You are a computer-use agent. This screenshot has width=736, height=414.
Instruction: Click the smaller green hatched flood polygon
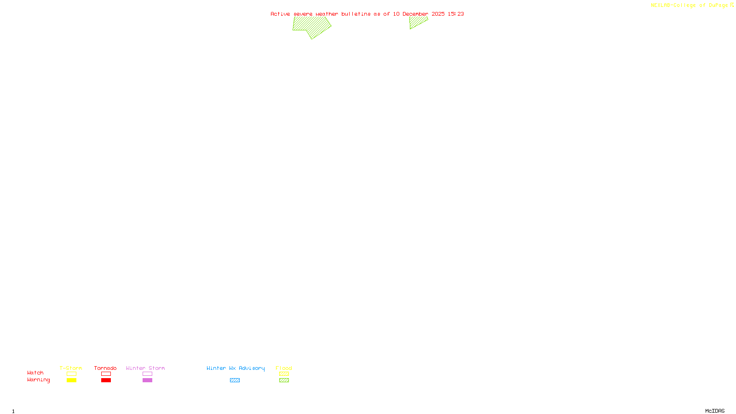(x=417, y=22)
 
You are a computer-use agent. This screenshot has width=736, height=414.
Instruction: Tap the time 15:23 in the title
(x=456, y=14)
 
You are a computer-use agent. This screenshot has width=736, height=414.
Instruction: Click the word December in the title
(x=415, y=14)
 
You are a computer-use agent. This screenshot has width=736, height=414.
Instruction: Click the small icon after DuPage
(x=732, y=5)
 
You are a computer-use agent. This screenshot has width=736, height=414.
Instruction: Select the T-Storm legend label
(x=71, y=368)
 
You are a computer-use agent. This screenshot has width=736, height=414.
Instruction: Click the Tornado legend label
(x=105, y=368)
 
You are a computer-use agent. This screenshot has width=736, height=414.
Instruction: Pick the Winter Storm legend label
(x=145, y=368)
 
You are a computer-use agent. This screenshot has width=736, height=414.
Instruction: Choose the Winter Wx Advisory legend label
(x=236, y=368)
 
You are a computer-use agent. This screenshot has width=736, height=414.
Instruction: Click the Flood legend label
(x=284, y=368)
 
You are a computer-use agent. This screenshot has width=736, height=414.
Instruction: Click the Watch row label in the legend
(x=35, y=373)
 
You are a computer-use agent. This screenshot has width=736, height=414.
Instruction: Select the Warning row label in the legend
(x=39, y=380)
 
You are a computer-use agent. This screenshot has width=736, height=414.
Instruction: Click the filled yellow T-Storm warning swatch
(x=71, y=380)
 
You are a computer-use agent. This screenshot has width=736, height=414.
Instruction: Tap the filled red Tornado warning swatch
(x=106, y=380)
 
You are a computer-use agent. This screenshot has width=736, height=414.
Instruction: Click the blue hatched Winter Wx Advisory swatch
(x=235, y=380)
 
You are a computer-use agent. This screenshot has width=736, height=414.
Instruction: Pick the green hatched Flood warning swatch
(x=284, y=380)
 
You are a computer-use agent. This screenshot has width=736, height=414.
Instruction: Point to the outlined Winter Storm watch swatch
(x=147, y=374)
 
